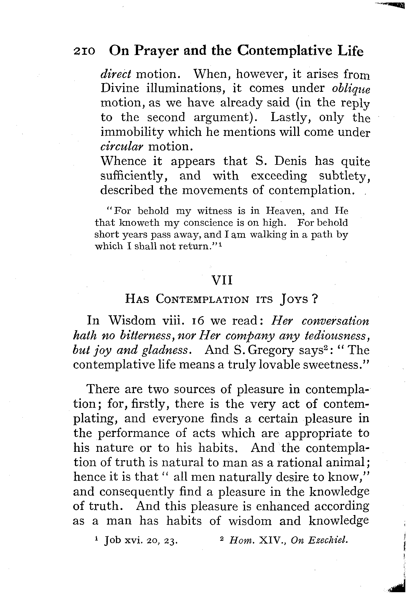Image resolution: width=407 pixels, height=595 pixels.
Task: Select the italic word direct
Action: (116, 74)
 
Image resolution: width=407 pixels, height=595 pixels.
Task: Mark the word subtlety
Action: (344, 176)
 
